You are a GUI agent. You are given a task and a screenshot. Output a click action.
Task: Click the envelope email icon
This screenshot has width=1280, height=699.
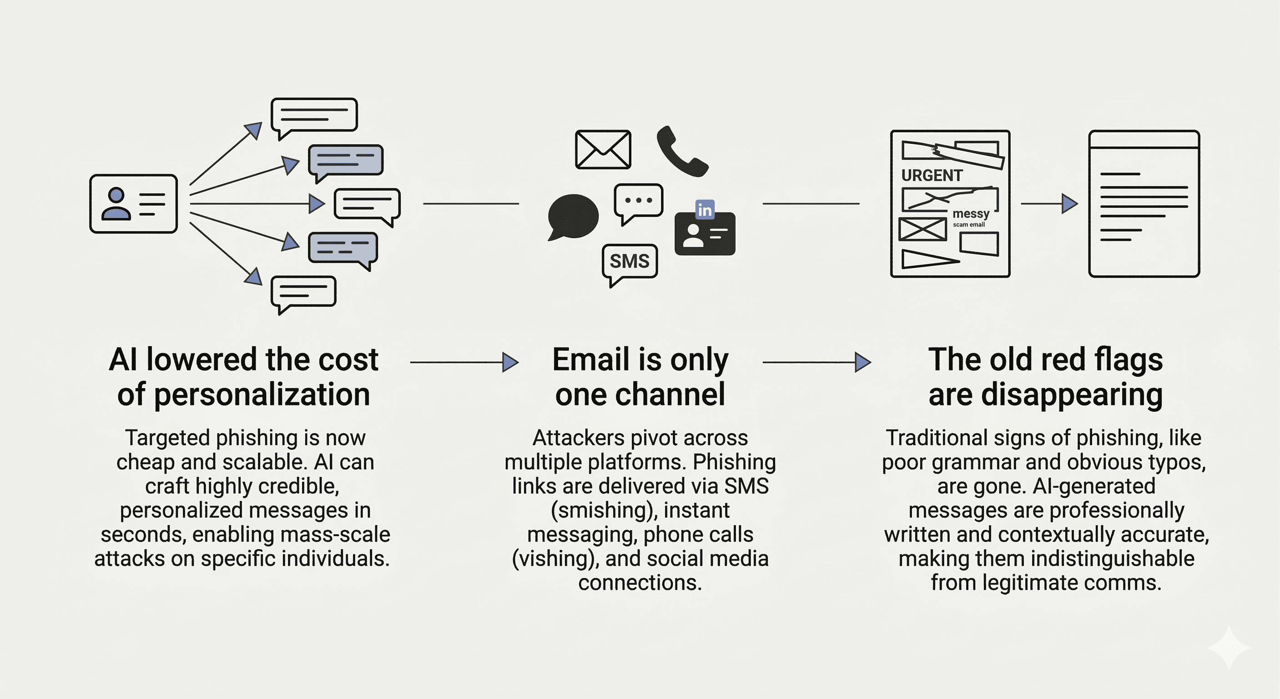[x=603, y=150]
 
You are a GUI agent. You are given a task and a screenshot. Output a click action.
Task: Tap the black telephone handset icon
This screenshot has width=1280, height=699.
[x=681, y=152]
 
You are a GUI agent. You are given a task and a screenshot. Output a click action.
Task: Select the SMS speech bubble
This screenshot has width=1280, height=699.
[x=629, y=262]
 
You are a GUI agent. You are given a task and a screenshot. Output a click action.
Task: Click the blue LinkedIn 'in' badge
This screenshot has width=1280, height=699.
[x=705, y=210]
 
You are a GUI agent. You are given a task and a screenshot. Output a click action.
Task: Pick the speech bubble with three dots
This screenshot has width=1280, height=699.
[x=639, y=201]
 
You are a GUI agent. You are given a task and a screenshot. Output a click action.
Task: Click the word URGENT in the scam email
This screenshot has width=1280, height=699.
[x=932, y=176]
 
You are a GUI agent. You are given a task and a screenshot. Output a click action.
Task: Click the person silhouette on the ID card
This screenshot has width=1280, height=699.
[x=116, y=204]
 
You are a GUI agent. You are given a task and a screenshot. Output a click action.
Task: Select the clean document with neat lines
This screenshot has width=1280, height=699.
[x=1144, y=204]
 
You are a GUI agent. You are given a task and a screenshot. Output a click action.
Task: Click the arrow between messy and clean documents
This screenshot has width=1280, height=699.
[x=1049, y=204]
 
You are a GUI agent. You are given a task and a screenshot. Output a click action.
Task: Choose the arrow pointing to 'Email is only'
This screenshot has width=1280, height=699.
[x=464, y=362]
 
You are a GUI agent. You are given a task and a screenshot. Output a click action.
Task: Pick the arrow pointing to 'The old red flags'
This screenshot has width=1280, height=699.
[x=816, y=362]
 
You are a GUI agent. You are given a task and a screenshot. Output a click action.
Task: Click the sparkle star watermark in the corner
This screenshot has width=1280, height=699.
[x=1228, y=647]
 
